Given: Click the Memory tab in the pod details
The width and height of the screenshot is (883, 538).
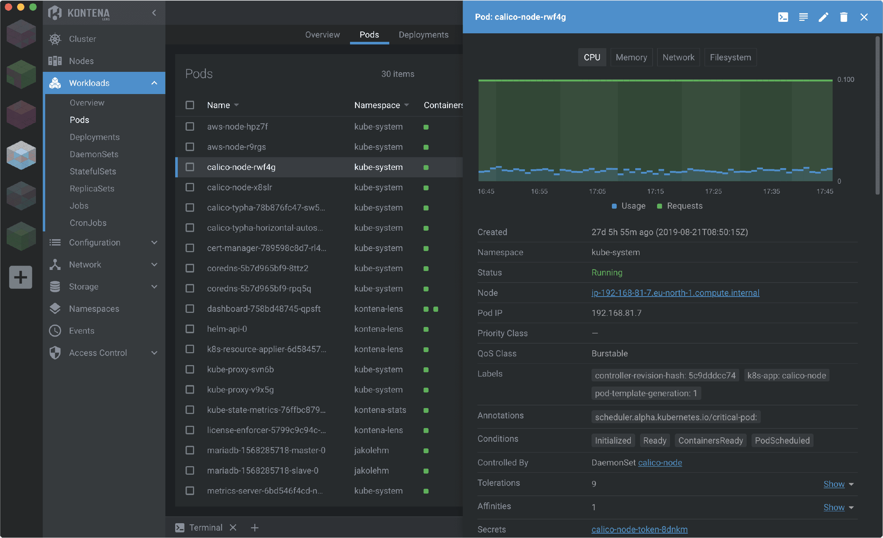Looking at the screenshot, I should point(631,57).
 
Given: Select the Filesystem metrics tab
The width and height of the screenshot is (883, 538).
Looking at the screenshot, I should point(730,57).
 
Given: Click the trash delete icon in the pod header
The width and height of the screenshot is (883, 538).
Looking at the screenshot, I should point(843,17).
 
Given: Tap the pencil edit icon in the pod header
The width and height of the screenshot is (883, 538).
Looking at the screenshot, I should point(823,17).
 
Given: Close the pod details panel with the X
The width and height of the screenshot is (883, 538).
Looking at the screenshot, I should point(864,17).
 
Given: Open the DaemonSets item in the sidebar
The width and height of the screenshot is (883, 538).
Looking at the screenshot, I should point(94,154).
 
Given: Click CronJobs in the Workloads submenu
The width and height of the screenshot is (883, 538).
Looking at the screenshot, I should point(88,223).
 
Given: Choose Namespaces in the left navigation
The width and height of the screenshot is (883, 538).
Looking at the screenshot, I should point(94,309).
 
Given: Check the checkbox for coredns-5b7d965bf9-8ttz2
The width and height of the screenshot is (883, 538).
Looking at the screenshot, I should point(190,268).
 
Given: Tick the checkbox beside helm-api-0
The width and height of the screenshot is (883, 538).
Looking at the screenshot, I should point(190,329).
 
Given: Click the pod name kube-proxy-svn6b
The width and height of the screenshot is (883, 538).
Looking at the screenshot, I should point(240,370).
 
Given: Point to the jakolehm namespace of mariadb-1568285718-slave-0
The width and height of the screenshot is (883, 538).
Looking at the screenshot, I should point(371,471).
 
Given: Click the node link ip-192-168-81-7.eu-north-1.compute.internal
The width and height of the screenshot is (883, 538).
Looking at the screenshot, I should point(675,293).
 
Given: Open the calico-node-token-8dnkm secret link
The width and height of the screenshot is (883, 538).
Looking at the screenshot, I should point(639,529).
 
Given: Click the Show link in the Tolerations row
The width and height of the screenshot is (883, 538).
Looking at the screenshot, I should point(834,484).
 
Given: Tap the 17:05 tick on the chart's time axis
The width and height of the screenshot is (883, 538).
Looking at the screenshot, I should point(597,191).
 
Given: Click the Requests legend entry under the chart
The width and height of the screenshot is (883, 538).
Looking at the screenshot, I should point(684,206).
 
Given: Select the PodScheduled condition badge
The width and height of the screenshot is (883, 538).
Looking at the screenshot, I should point(782,441).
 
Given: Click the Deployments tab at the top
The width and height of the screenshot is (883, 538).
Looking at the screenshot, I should point(423,35).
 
